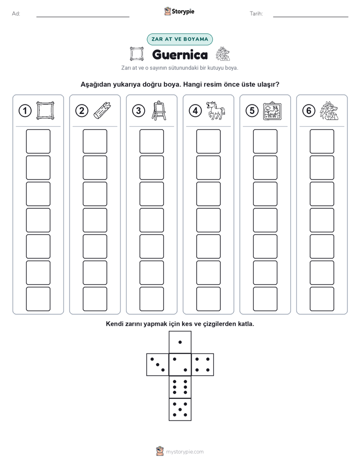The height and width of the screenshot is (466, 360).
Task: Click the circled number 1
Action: pos(25,111)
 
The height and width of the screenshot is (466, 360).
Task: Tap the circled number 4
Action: pos(195,111)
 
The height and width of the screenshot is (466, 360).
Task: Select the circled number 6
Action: pos(309,111)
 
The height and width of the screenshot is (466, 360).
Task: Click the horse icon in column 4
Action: pos(216,110)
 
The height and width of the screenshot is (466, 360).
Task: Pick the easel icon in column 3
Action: pos(159,110)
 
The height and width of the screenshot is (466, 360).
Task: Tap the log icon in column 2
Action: pos(102,110)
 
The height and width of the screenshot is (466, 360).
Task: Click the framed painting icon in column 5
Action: pos(272,111)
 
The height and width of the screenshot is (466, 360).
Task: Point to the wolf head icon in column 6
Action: pos(329,111)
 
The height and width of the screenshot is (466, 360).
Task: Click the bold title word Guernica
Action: pos(179,54)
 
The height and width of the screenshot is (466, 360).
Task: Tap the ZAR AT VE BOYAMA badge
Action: pos(179,39)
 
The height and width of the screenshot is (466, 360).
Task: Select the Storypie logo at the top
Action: pos(179,12)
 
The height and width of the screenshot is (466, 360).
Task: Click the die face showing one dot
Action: pos(180,342)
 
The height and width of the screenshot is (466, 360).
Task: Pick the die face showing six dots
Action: pos(180,387)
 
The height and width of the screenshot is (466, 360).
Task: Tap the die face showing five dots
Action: pos(180,410)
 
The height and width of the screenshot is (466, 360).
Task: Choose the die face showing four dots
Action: pos(203,364)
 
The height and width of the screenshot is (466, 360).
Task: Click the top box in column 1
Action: pos(38,141)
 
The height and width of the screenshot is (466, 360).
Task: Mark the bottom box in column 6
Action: pos(322,299)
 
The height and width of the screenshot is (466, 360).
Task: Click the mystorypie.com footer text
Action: pos(185,452)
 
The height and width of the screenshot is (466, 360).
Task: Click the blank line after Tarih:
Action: pos(311,17)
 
